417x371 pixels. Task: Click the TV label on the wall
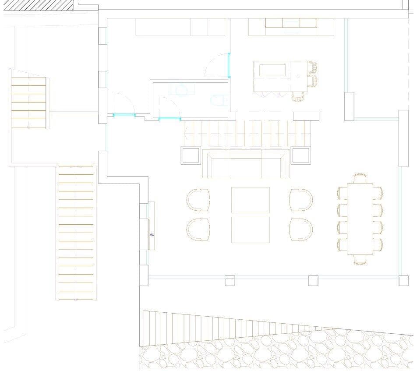(152, 234)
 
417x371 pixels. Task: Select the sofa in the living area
(245, 164)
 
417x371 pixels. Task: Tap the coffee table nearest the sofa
(250, 200)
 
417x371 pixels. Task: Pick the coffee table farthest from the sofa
(250, 230)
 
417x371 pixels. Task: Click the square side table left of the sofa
(191, 155)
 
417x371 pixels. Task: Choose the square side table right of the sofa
(300, 155)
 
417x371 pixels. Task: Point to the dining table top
(360, 219)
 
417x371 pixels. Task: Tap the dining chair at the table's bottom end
(360, 260)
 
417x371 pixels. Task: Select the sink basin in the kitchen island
(272, 71)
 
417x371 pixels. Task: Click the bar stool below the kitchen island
(298, 96)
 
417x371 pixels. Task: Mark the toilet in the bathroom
(219, 100)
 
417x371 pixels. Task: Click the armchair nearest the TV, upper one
(198, 200)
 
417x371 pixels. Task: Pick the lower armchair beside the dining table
(301, 230)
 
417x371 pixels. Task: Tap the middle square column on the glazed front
(313, 280)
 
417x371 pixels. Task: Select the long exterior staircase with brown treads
(76, 232)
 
